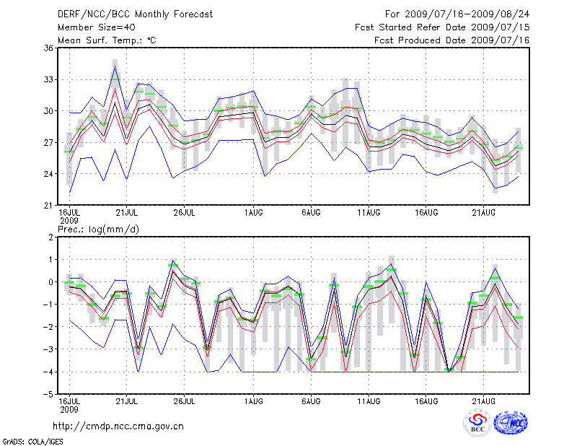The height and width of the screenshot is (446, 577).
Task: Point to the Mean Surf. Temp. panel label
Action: [x=107, y=40]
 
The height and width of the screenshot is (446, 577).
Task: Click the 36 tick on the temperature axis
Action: [x=48, y=48]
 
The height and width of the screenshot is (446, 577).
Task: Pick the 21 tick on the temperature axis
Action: [x=48, y=205]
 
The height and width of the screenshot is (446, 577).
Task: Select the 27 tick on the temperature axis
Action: [x=48, y=142]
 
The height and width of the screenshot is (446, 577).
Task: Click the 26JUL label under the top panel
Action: [x=185, y=212]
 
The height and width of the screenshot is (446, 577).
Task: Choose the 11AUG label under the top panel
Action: [x=369, y=212]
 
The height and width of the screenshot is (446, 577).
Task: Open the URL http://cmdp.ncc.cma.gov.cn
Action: [x=120, y=426]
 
